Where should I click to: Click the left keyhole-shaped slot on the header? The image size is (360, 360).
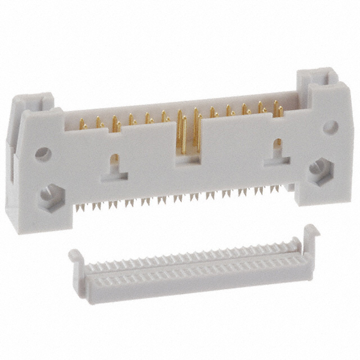115,167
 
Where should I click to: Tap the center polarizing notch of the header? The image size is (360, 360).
189,156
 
